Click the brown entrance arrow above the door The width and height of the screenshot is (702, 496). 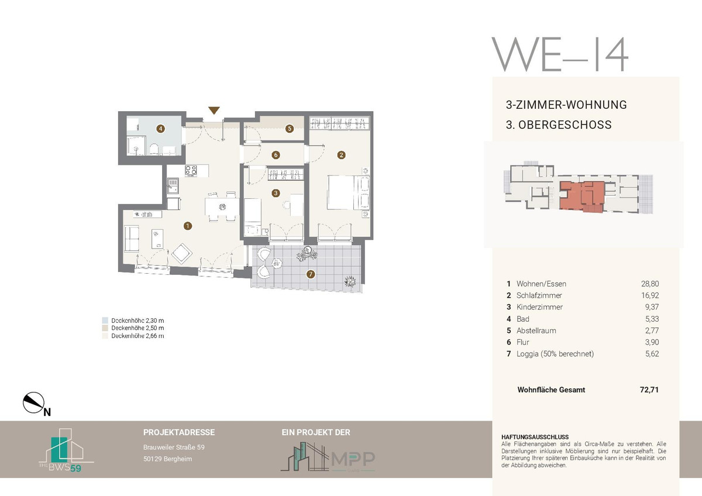[214, 111]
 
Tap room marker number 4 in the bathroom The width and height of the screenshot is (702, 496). [161, 129]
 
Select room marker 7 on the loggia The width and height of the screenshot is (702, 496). [311, 274]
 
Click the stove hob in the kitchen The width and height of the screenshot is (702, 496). [191, 170]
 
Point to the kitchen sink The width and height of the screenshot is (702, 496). [173, 185]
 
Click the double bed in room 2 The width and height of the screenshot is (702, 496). [348, 192]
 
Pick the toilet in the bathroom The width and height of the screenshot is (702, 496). [154, 149]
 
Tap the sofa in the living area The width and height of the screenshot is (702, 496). [132, 239]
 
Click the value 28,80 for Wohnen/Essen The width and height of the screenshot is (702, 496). [650, 284]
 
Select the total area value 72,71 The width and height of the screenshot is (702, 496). [649, 390]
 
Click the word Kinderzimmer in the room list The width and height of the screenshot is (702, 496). [539, 307]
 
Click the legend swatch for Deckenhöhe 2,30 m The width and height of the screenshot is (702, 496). [105, 321]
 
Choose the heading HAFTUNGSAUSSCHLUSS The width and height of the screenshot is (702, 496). [535, 437]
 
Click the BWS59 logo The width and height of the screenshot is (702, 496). [66, 450]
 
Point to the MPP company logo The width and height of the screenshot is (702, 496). [328, 457]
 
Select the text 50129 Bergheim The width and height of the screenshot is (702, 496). [168, 459]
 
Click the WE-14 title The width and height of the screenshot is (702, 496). [560, 54]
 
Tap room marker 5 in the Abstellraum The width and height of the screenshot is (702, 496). [289, 129]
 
